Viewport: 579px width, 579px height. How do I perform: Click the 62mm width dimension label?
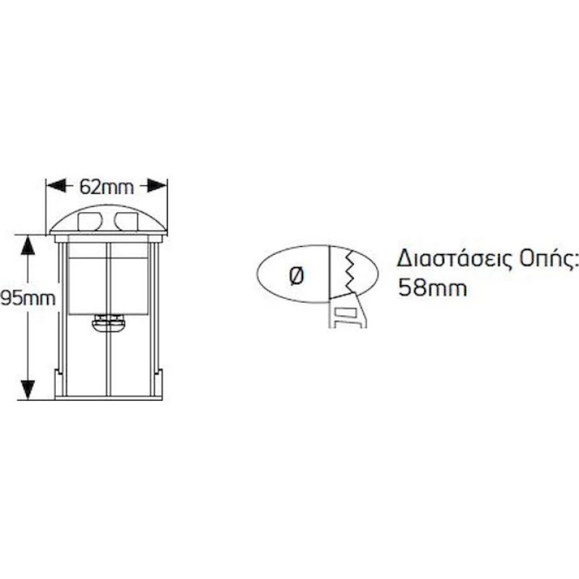tap(106, 187)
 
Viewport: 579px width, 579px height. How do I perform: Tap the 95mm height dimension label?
tap(28, 298)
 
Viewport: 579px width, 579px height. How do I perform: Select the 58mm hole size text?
tap(432, 287)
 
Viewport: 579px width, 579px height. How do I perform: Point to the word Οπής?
tap(549, 260)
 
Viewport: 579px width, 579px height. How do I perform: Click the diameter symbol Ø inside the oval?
tap(297, 276)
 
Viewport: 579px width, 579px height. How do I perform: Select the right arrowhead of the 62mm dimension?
tap(157, 185)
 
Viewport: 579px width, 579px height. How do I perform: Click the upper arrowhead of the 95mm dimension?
tap(28, 245)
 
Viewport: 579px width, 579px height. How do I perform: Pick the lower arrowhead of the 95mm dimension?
tap(28, 389)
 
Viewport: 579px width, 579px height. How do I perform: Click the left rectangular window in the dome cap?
tap(89, 221)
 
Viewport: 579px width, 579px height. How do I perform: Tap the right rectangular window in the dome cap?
tap(126, 221)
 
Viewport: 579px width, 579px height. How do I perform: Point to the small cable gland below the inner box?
tap(108, 324)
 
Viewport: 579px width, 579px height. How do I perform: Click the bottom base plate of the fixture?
tap(108, 398)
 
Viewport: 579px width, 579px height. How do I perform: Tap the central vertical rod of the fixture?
tap(108, 319)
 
